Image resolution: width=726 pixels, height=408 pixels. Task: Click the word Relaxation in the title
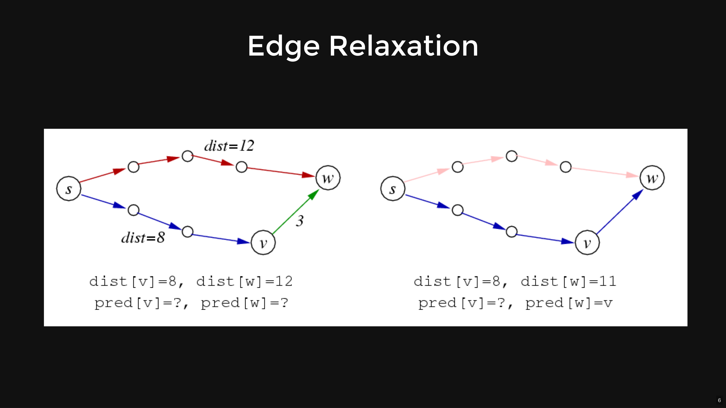404,46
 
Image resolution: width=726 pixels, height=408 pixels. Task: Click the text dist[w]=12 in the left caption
244,281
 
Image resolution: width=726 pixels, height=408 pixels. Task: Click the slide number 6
719,400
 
